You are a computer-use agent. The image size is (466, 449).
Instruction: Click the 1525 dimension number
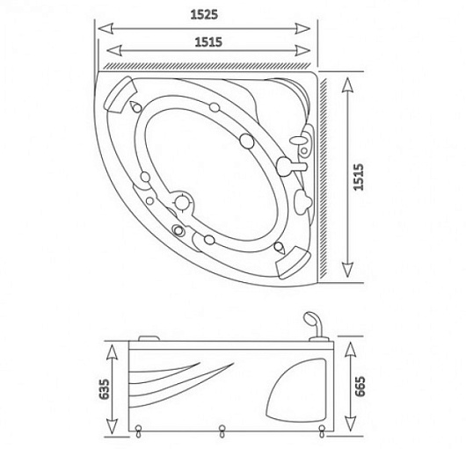[x=204, y=15]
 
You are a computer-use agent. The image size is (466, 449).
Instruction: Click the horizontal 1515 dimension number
[x=208, y=42]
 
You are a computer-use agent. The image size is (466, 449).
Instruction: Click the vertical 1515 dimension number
[x=359, y=177]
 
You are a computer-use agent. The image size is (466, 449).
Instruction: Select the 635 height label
[x=105, y=388]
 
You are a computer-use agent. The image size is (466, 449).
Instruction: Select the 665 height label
[x=360, y=387]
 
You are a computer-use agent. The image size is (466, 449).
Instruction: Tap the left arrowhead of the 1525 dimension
[x=106, y=29]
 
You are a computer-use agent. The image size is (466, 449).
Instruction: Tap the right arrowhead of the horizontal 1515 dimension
[x=302, y=50]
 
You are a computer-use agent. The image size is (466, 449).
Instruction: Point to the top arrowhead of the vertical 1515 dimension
[x=347, y=84]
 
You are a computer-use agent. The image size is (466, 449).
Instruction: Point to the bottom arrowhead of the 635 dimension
[x=112, y=426]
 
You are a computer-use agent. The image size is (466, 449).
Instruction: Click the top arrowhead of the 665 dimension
[x=351, y=350]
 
